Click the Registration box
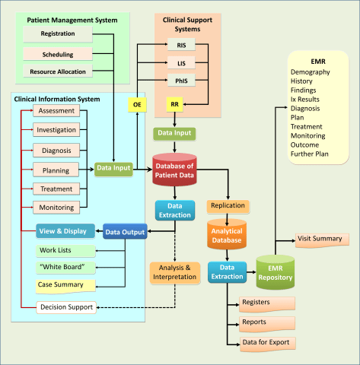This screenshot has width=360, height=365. click(58, 34)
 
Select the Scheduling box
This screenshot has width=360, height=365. click(58, 53)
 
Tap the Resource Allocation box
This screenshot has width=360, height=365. click(58, 72)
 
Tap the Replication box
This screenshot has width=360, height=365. click(227, 205)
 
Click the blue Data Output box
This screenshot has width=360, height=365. click(125, 230)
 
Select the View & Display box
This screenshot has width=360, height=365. click(65, 230)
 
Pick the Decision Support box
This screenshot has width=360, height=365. click(65, 308)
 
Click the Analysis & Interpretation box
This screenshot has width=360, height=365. click(175, 273)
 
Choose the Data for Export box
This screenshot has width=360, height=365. click(265, 343)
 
